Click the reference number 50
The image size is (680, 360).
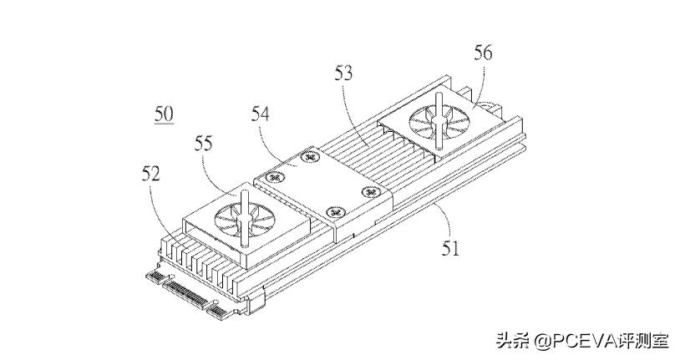164,114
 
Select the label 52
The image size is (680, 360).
150,174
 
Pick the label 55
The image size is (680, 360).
203,143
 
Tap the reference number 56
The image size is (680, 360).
483,53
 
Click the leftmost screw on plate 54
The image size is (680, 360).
271,177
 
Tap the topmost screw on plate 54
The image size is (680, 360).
311,156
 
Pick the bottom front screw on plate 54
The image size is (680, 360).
334,212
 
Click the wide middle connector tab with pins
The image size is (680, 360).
186,293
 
